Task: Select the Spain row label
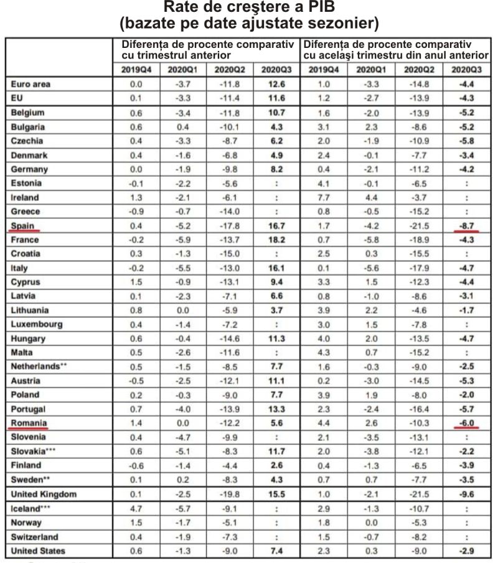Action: tap(22, 226)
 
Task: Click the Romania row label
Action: tap(29, 423)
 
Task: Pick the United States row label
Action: tap(38, 551)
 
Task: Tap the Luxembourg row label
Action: tap(36, 325)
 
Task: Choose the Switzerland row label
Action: tap(34, 537)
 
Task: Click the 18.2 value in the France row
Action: tap(276, 240)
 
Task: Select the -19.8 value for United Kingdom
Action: tap(230, 494)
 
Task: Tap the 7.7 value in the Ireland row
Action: tap(324, 197)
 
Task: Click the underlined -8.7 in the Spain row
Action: tap(466, 226)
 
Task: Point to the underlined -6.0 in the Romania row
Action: tap(466, 423)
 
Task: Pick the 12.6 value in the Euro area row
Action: tap(276, 85)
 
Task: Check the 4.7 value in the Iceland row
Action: tap(136, 508)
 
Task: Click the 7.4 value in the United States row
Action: tap(276, 551)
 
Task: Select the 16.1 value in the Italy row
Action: tap(276, 268)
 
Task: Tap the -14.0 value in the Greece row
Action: tap(230, 212)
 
